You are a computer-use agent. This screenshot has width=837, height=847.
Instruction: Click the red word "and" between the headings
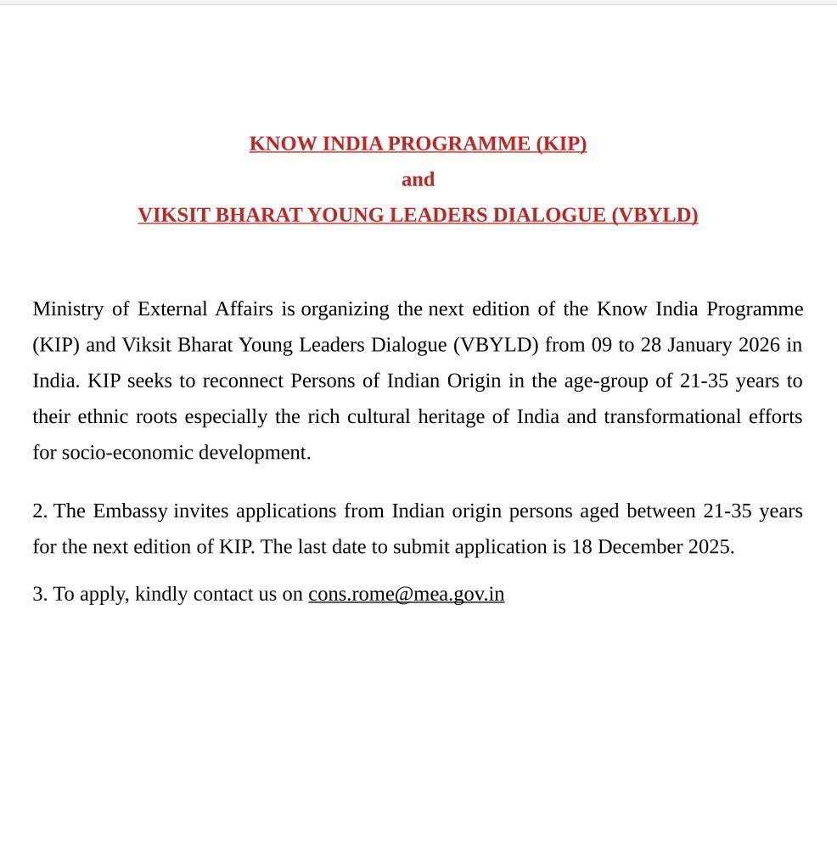pyautogui.click(x=418, y=179)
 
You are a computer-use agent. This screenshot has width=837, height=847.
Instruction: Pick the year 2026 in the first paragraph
pyautogui.click(x=759, y=345)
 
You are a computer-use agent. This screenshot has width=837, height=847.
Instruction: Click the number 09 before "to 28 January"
pyautogui.click(x=602, y=345)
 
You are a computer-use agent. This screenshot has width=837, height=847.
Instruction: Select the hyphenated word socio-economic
pyautogui.click(x=127, y=452)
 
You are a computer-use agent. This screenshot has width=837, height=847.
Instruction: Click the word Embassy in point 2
pyautogui.click(x=130, y=511)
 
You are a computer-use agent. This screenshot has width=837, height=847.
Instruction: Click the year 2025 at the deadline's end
pyautogui.click(x=711, y=547)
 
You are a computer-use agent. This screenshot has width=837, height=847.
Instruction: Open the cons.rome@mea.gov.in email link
pyautogui.click(x=406, y=595)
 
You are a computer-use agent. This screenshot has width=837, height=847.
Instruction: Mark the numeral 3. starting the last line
pyautogui.click(x=40, y=595)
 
